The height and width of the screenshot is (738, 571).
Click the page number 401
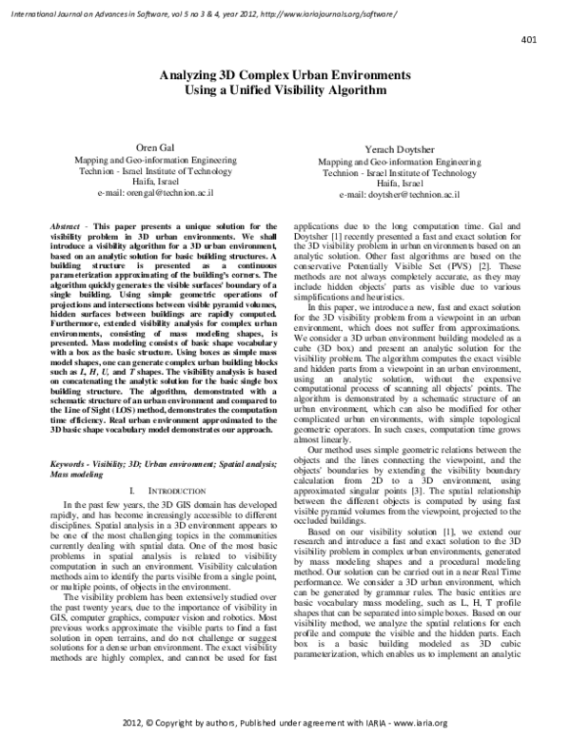click(x=530, y=39)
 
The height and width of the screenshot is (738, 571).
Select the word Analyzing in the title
click(x=194, y=73)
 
